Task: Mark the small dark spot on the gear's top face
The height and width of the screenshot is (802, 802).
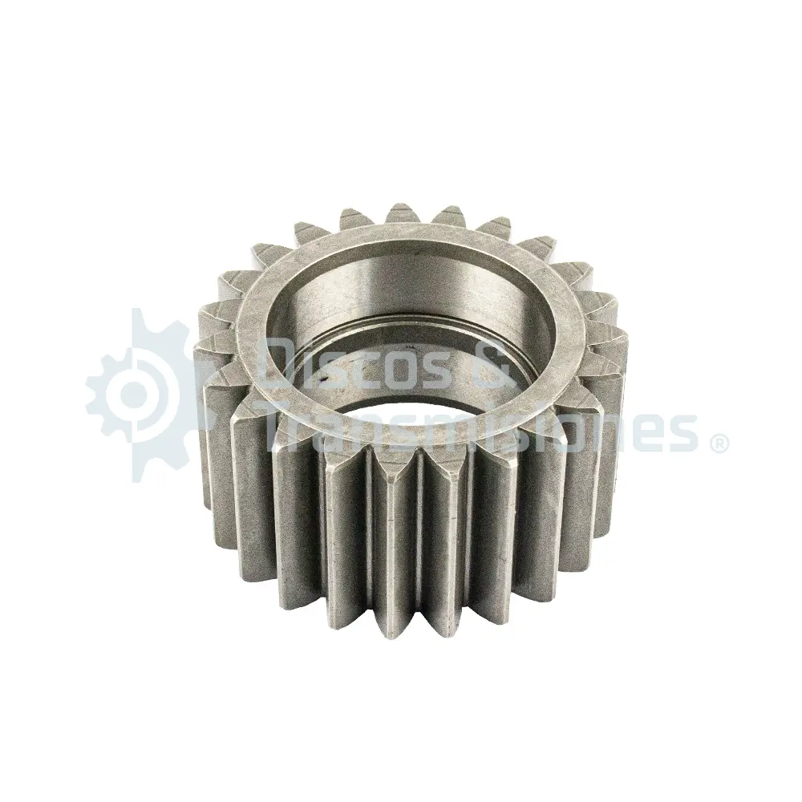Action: click(323, 380)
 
